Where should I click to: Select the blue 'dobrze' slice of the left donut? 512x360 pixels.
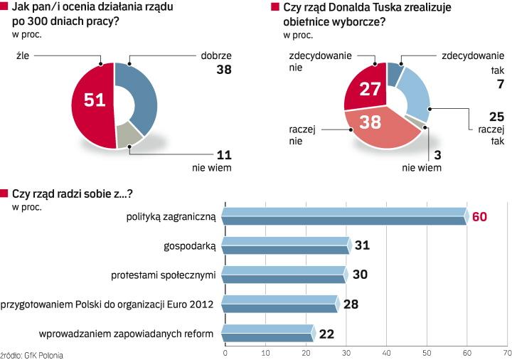coord(139,92)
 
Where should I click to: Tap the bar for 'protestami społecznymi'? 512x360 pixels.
coord(284,275)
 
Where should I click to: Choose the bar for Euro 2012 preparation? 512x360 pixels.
coord(280,304)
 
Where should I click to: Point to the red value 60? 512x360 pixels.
coord(479,216)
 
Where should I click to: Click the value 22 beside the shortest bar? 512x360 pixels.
coord(326,333)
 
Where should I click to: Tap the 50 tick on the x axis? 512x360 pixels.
coord(427,352)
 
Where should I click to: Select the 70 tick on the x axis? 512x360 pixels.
coord(506,352)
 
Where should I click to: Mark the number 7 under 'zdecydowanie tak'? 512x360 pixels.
coord(500,84)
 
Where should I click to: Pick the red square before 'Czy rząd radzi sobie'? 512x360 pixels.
coord(4,193)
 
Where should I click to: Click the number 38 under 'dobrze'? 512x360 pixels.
coord(224,70)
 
